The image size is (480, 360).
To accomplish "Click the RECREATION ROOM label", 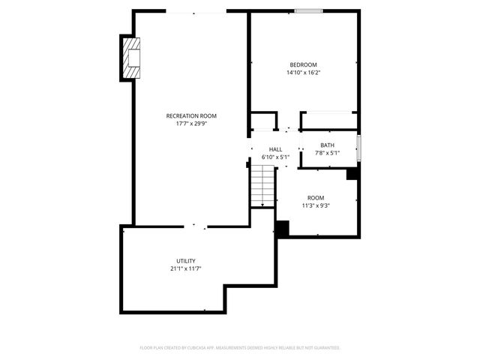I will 191,115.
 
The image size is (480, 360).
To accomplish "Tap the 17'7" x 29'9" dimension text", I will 191,124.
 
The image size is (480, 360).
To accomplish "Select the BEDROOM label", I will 303,64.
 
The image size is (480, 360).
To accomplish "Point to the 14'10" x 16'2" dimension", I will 303,73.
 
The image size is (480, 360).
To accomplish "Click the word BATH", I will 327,145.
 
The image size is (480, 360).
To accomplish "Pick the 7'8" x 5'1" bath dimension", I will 327,154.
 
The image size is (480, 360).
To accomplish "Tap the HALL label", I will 276,149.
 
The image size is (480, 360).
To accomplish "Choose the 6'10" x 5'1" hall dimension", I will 275,157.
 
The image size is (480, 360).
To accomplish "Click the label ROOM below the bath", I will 316,197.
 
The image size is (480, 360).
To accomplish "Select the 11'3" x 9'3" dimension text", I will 316,205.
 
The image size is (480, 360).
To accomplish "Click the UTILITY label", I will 186,260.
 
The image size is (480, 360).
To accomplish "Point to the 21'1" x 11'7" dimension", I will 186,268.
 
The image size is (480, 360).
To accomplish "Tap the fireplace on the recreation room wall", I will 130,58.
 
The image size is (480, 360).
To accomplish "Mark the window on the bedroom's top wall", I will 308,10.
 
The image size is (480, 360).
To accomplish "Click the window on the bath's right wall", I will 358,148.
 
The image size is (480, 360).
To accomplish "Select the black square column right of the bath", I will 352,173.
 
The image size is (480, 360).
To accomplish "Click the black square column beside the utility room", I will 282,229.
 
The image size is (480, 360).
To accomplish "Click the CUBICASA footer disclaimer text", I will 240,348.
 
